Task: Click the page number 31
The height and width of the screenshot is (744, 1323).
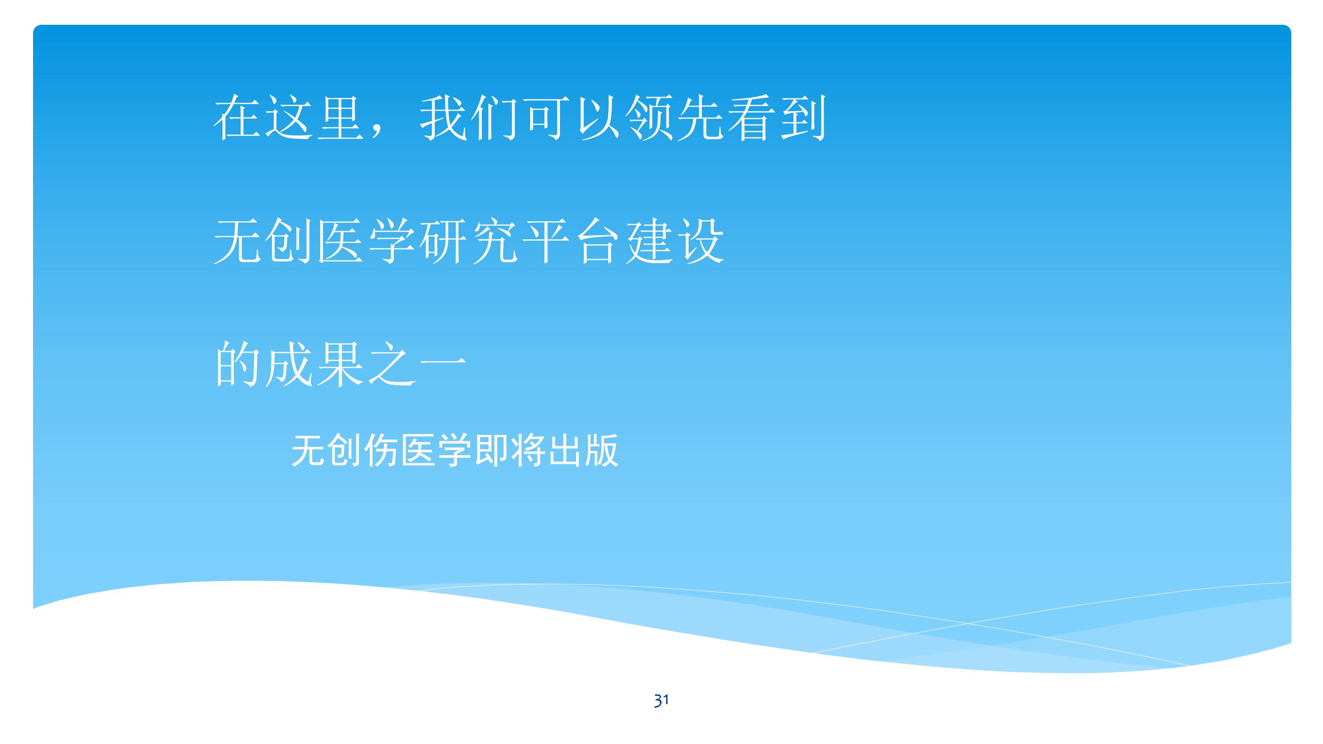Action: [x=661, y=700]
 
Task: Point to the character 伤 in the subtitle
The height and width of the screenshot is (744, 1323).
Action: [x=382, y=450]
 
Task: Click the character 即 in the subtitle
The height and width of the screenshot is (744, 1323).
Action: [x=492, y=450]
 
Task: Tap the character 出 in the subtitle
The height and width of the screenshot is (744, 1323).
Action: [x=565, y=450]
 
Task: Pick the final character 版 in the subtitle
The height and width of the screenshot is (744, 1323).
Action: [x=601, y=450]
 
